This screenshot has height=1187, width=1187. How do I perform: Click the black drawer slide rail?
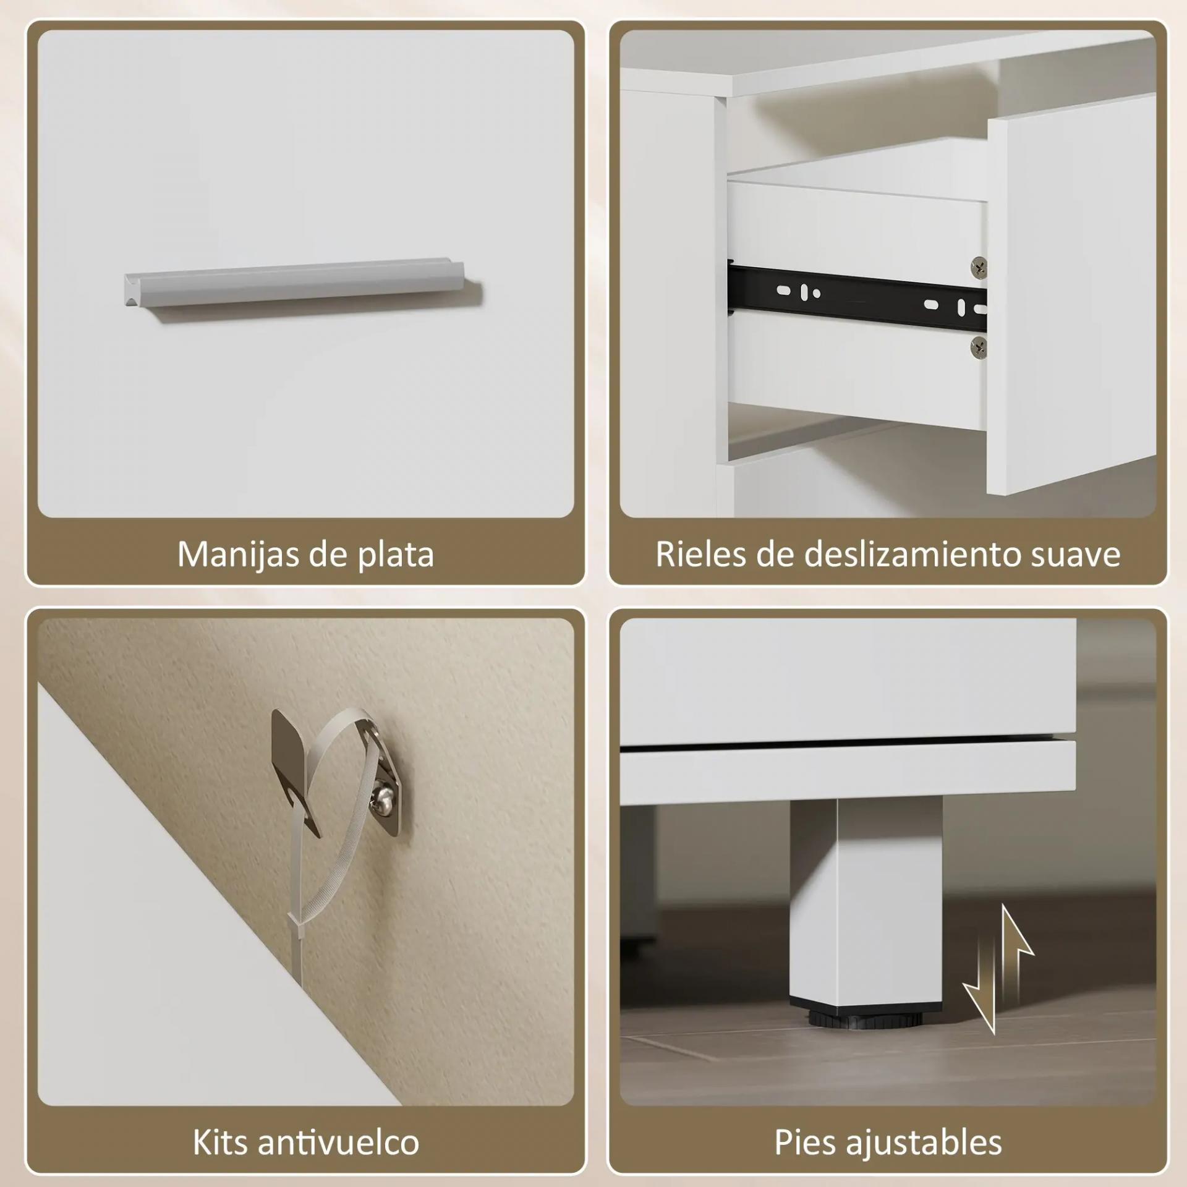[x=857, y=294]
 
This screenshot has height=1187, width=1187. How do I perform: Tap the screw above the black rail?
[x=978, y=267]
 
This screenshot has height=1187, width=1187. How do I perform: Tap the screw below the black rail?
[x=978, y=347]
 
